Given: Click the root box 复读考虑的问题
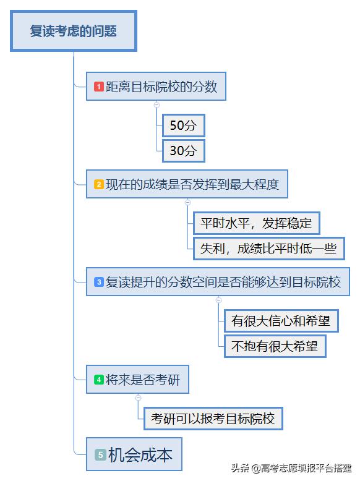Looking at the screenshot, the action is (x=74, y=31).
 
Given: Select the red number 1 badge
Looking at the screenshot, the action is (x=99, y=87).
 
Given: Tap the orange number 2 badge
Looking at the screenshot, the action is (x=99, y=184).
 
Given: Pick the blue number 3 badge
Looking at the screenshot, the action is (x=99, y=282).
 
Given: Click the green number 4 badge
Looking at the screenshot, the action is (x=99, y=380).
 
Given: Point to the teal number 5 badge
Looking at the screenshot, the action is (x=100, y=454).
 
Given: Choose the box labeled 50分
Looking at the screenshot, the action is (x=183, y=126).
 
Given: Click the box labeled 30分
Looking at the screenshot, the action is (x=183, y=151).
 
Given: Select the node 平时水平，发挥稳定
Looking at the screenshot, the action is (x=256, y=223).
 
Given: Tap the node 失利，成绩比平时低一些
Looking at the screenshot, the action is (x=268, y=249).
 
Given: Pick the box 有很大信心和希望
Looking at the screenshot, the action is (x=281, y=321).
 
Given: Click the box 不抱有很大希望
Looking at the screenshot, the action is (x=275, y=346).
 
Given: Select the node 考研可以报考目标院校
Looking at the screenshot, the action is (x=213, y=419).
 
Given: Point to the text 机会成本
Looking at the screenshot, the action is (x=140, y=454).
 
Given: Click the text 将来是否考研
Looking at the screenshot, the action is (x=143, y=380).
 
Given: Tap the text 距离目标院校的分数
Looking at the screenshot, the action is (x=161, y=87).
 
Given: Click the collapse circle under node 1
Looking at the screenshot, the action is (x=157, y=104).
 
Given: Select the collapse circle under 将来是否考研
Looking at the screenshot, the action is (x=139, y=398).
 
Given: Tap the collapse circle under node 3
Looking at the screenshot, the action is (x=219, y=300).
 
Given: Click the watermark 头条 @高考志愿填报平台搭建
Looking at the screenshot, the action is (x=291, y=468).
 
